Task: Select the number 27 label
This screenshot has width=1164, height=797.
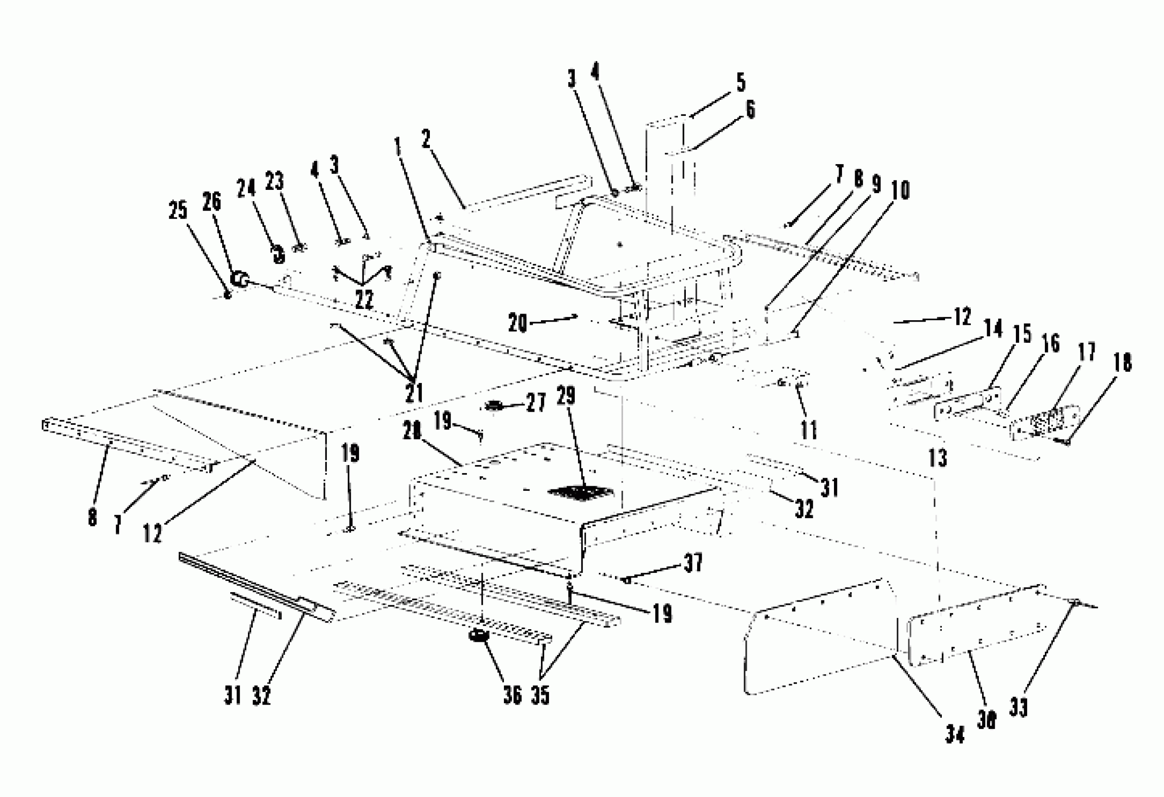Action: [535, 403]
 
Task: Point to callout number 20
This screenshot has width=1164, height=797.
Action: [518, 323]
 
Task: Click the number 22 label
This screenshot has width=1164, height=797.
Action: [364, 300]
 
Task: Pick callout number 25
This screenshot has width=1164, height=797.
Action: [178, 211]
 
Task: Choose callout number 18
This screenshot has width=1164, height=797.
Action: [1122, 362]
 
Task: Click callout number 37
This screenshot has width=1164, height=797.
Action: [694, 563]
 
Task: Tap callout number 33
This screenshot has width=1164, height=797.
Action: [1019, 707]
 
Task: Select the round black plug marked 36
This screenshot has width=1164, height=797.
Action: [479, 636]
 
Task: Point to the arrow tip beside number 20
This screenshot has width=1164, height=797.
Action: [577, 316]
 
